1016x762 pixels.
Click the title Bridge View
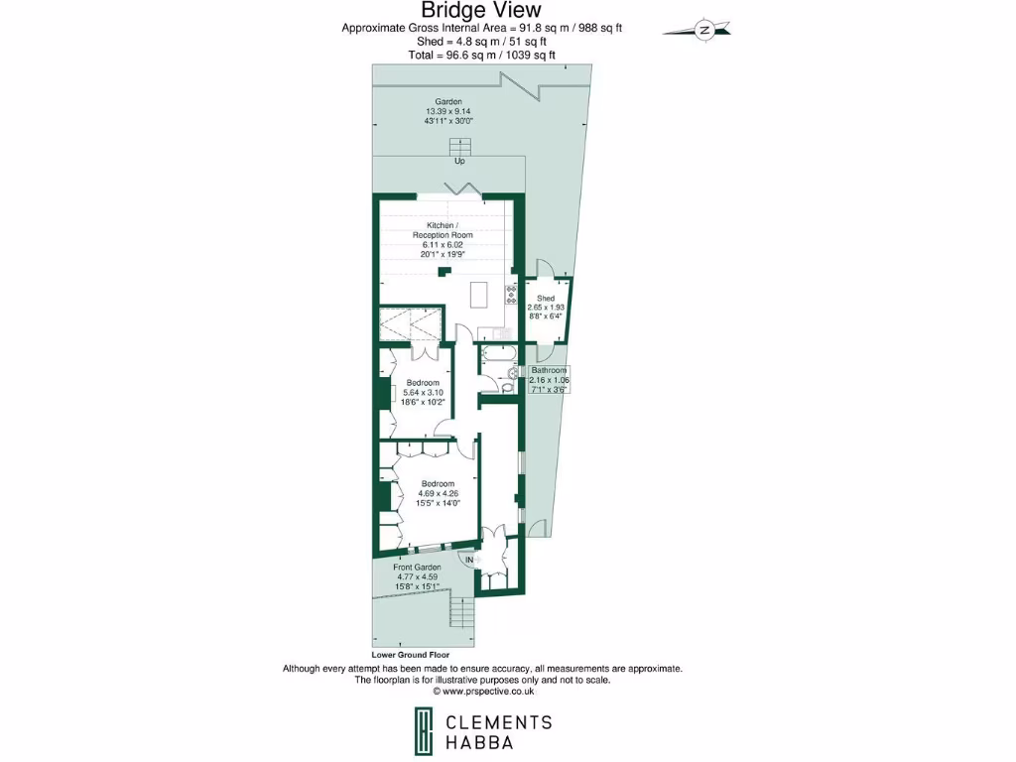click(481, 10)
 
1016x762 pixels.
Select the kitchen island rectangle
click(479, 295)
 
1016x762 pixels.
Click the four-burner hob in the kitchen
click(511, 294)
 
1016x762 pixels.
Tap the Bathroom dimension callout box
click(548, 380)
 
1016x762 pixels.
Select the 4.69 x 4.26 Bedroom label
click(438, 493)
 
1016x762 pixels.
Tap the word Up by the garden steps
click(459, 161)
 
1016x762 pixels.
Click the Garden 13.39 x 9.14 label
click(448, 111)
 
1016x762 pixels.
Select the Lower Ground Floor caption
click(411, 655)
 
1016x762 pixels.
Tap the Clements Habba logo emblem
click(424, 730)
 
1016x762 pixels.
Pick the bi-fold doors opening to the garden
click(463, 190)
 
